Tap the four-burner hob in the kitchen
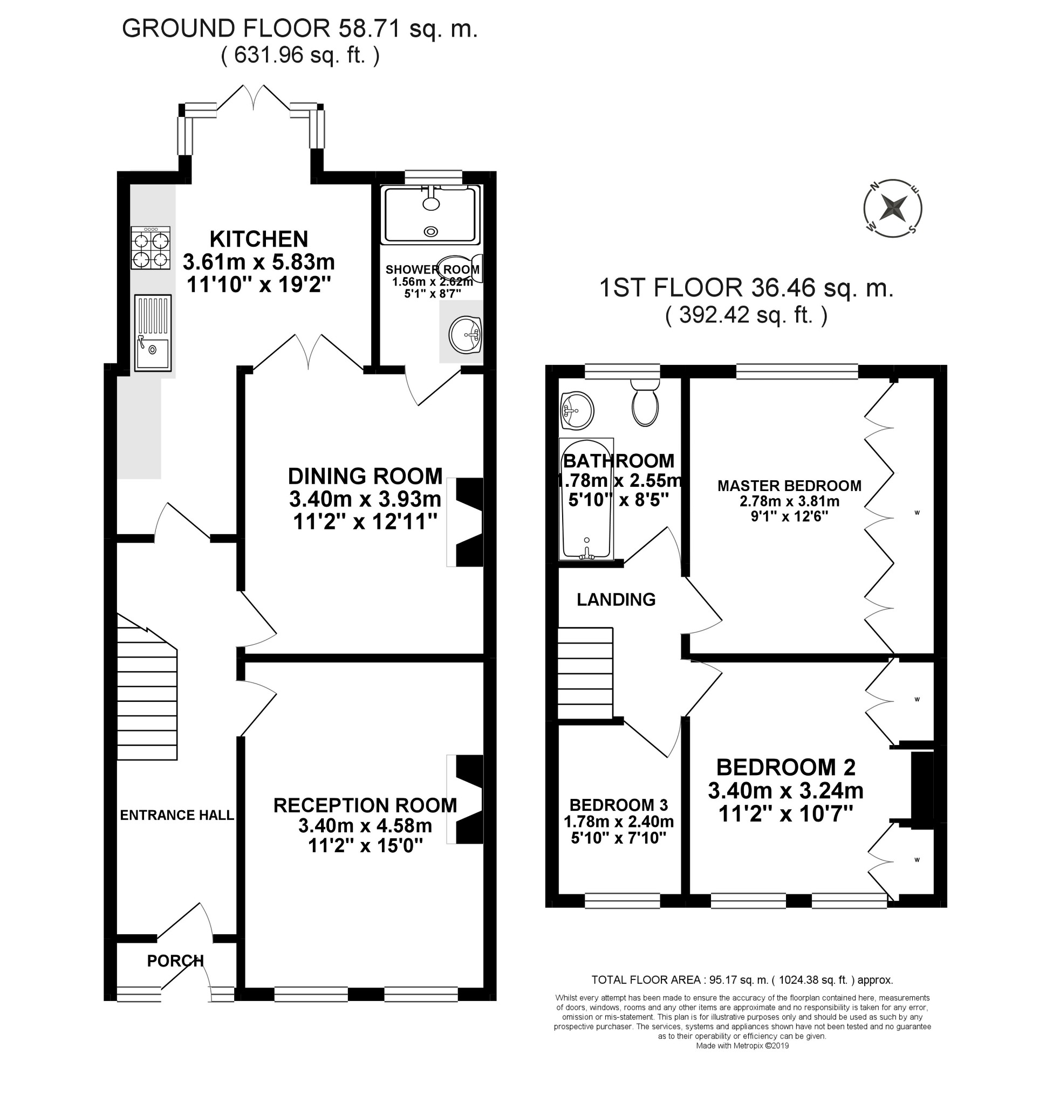click(151, 247)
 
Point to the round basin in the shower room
click(466, 335)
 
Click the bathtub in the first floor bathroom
click(586, 499)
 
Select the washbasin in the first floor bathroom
click(577, 409)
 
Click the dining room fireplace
click(466, 522)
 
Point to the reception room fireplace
click(466, 799)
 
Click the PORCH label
click(176, 961)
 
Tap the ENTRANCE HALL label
click(177, 815)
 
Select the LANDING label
click(616, 599)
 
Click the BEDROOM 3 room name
click(619, 805)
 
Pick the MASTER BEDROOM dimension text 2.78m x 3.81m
click(790, 501)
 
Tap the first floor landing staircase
click(585, 673)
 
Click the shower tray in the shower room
click(430, 215)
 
